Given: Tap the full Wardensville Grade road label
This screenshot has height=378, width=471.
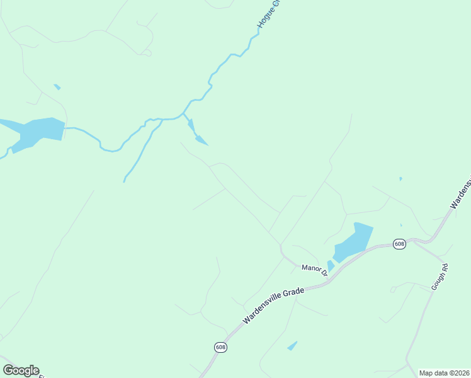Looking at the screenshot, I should (x=273, y=306).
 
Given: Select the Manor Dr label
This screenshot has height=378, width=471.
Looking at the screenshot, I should (x=314, y=269).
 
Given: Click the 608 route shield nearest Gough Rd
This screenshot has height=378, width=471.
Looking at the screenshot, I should (x=399, y=244).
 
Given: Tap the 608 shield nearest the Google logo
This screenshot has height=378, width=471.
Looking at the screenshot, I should (x=220, y=347).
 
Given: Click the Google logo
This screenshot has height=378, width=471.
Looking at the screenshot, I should (x=21, y=370).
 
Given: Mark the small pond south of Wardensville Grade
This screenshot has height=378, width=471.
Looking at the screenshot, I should (x=292, y=346).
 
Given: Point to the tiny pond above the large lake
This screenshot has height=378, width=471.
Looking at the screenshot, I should (x=57, y=86).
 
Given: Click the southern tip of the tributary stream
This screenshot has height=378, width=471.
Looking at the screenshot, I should (x=124, y=181).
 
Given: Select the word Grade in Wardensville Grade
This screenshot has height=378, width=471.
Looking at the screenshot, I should (x=293, y=294).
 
